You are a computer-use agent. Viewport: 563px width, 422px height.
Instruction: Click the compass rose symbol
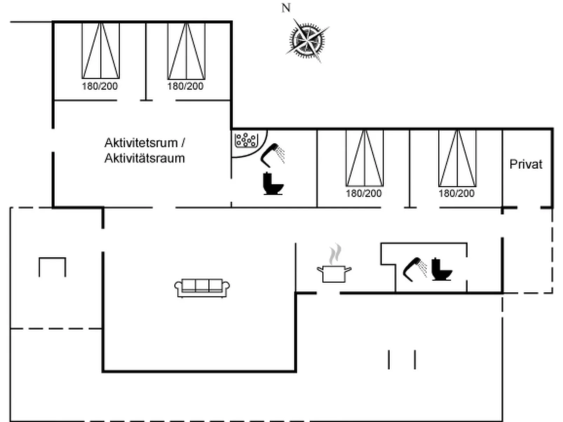(x=307, y=40)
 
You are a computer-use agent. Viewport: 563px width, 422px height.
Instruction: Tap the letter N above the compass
(x=286, y=8)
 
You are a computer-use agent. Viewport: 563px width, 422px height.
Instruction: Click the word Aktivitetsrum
(x=141, y=143)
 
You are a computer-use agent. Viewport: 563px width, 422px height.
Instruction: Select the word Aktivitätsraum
(x=144, y=158)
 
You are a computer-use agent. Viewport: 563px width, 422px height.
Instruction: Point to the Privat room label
(x=525, y=164)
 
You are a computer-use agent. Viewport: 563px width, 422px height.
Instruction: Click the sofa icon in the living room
(x=202, y=288)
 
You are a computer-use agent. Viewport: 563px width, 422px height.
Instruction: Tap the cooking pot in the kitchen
(x=334, y=274)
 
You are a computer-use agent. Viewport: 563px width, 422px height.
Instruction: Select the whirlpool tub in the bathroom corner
(x=246, y=140)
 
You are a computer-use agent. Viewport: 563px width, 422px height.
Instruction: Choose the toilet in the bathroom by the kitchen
(x=441, y=270)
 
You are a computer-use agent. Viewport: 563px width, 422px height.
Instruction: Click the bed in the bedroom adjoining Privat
(x=457, y=158)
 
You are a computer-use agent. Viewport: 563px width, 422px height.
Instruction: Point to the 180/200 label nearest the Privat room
(x=456, y=193)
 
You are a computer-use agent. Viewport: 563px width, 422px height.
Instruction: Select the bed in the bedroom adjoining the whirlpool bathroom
(x=365, y=158)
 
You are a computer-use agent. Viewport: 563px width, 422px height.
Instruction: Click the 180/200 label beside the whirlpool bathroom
(x=364, y=193)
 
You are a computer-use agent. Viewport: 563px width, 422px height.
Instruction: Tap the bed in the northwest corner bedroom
(x=101, y=51)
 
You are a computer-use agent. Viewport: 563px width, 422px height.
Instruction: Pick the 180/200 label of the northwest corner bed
(x=100, y=86)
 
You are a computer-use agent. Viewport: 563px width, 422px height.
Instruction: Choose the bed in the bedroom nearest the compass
(x=186, y=51)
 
